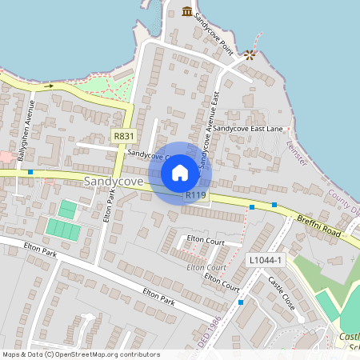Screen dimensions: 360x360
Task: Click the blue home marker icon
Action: coord(180,173)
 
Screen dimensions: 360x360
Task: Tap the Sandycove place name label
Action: coord(113,182)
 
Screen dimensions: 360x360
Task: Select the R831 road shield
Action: coord(123,136)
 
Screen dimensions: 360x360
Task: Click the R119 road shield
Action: coord(196,194)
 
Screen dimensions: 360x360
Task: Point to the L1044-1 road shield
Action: coord(265,261)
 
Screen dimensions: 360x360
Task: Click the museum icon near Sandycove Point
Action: coord(187,11)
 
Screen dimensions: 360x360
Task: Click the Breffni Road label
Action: coord(318,225)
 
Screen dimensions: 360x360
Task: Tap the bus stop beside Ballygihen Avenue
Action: coord(30,171)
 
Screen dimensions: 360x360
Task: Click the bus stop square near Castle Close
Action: coord(241,302)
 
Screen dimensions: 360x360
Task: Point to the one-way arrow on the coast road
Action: coord(48,85)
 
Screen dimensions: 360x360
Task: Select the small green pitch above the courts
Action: coord(68,209)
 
